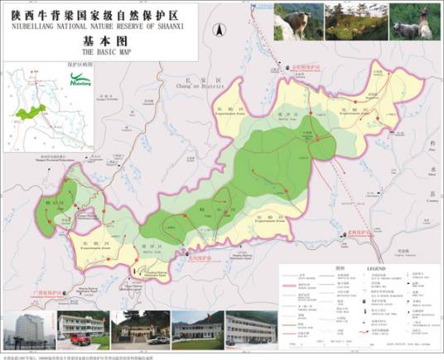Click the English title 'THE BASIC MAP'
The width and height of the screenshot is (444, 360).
(99, 50)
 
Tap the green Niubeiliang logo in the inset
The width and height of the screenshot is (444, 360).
(81, 81)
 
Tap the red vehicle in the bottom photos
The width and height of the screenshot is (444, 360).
(80, 338)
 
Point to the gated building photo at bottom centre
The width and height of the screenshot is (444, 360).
(141, 329)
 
